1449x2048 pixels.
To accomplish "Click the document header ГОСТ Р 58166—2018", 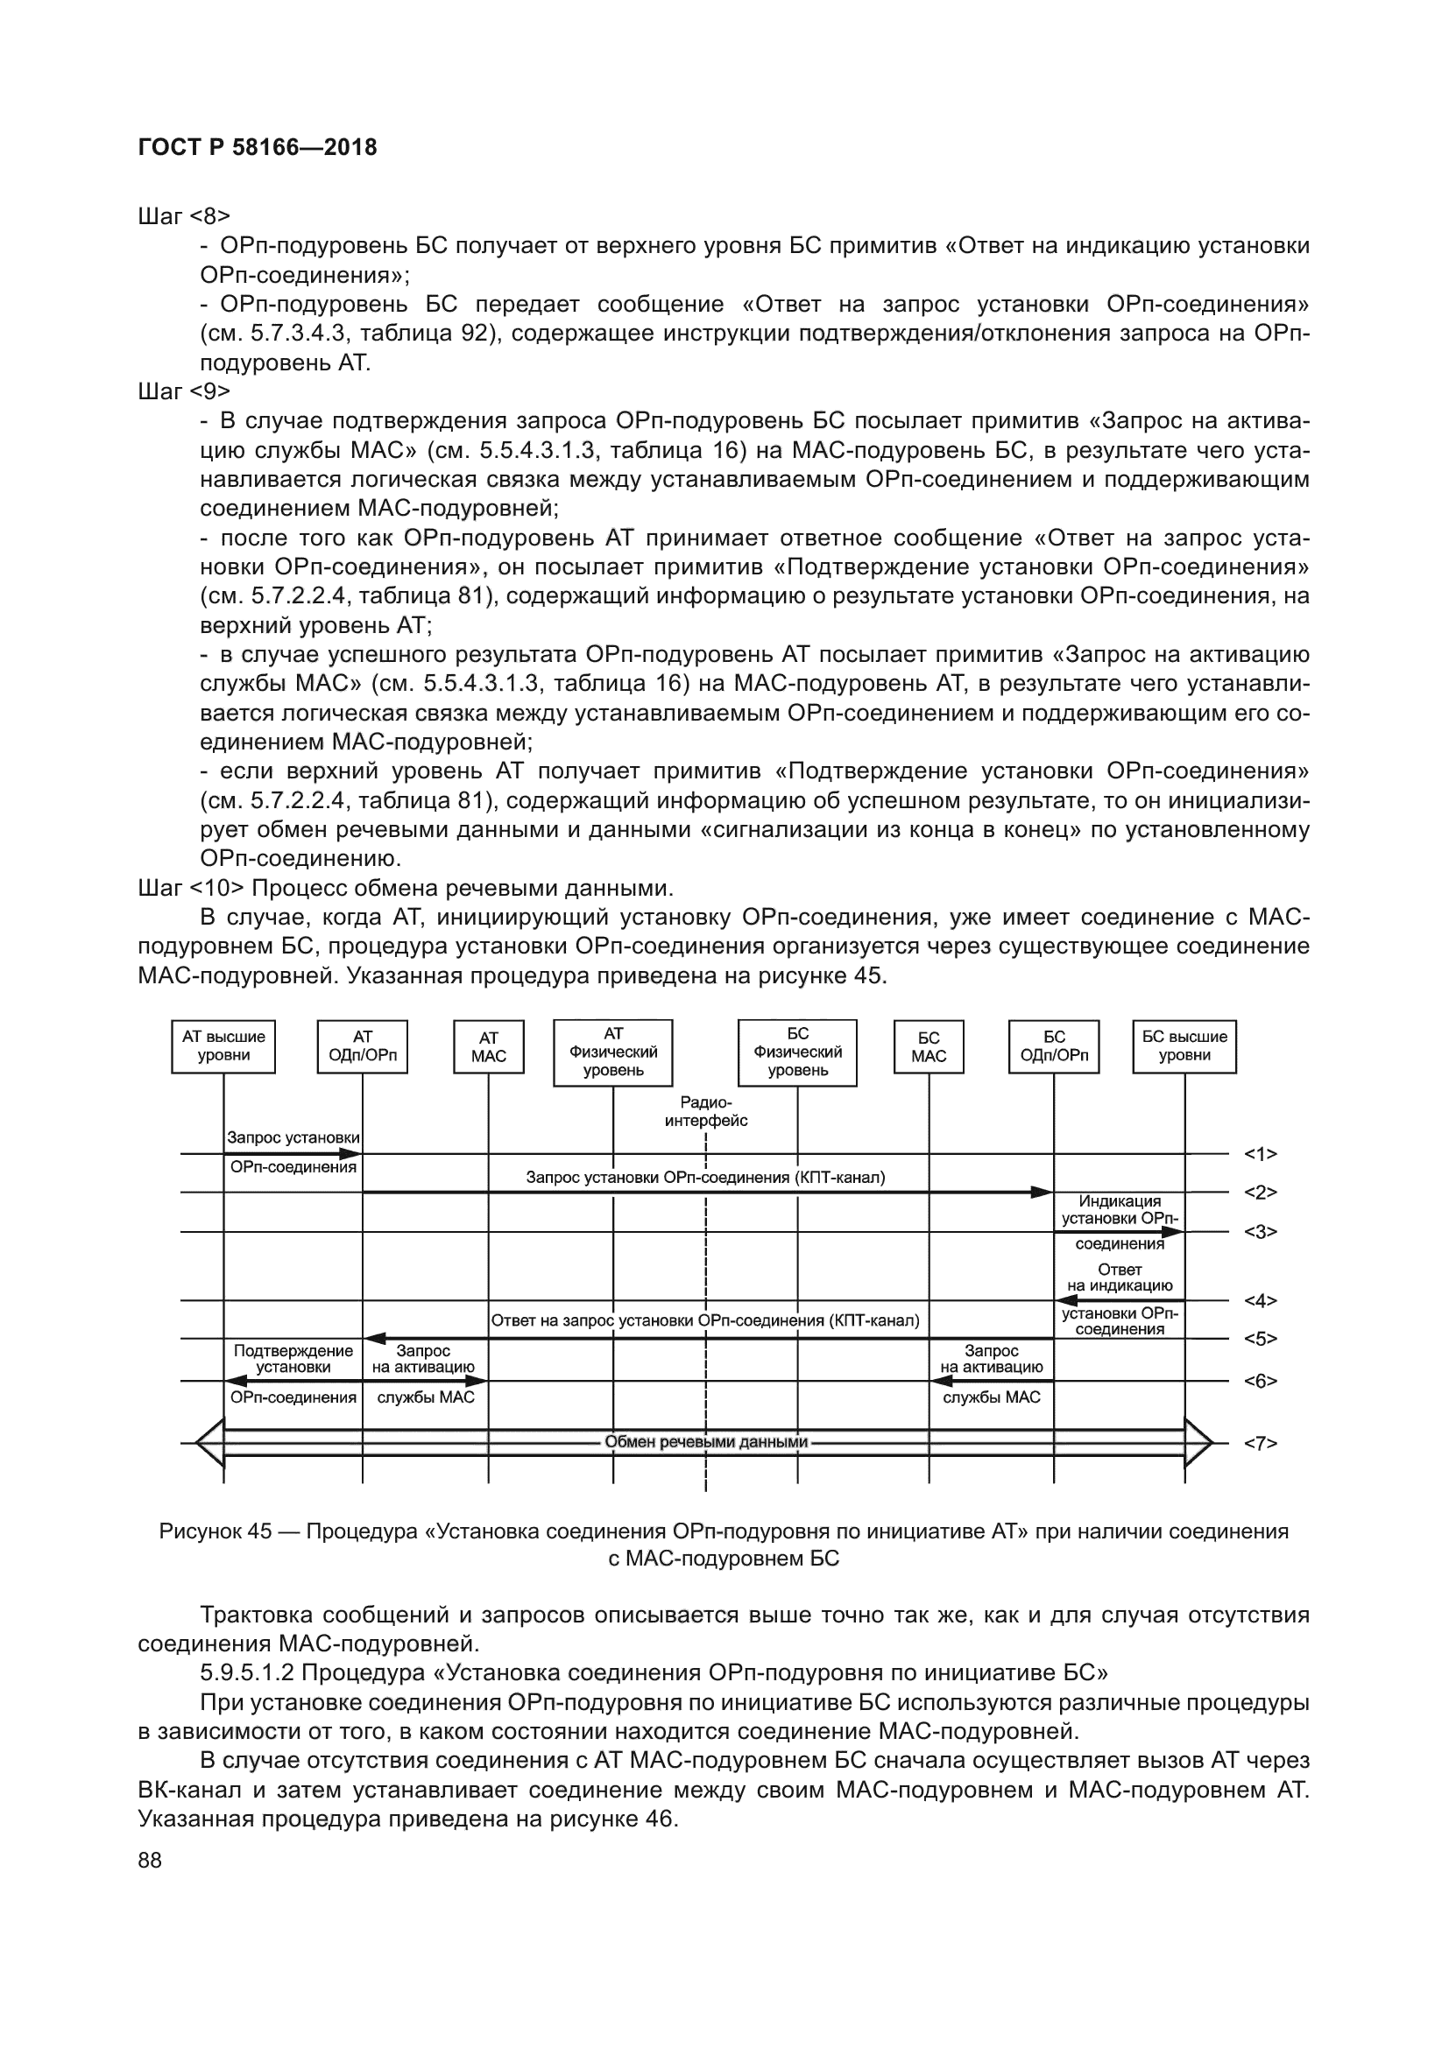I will click(x=258, y=147).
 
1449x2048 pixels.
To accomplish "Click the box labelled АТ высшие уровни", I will click(x=223, y=1046).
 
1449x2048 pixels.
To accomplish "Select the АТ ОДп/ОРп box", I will click(x=363, y=1046).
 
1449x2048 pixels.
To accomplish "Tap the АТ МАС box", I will click(x=488, y=1047).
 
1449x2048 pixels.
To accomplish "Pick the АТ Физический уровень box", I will click(x=613, y=1052).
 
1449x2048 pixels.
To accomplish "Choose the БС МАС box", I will click(x=928, y=1047).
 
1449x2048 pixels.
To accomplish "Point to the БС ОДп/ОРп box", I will click(x=1054, y=1046).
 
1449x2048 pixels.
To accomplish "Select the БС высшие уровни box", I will click(x=1184, y=1046).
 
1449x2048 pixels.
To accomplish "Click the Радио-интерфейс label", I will click(x=706, y=1112).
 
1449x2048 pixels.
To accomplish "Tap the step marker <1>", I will click(x=1260, y=1154).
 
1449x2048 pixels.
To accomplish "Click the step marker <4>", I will click(x=1260, y=1300).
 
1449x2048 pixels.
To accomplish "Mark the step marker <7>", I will click(x=1260, y=1442).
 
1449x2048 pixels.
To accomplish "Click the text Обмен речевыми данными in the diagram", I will click(x=706, y=1441).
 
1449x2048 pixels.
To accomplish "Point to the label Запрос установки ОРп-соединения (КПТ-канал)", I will click(x=706, y=1178).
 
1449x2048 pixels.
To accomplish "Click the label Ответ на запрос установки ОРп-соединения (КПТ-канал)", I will click(x=705, y=1320).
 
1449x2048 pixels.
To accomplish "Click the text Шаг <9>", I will click(x=185, y=391).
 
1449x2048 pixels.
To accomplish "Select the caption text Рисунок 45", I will click(x=215, y=1531).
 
